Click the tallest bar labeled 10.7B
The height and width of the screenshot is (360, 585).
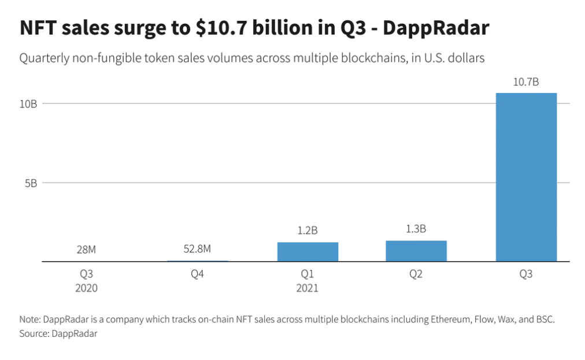click(x=526, y=177)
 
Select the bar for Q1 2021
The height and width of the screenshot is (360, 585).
click(x=308, y=251)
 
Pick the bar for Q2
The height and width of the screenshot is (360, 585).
click(x=416, y=251)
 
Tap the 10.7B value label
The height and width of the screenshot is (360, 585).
click(x=526, y=82)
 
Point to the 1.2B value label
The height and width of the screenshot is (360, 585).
click(x=308, y=231)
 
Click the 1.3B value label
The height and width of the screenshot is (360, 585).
click(x=416, y=229)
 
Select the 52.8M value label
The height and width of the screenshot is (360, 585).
click(x=198, y=249)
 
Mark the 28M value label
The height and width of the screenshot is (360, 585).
click(x=86, y=250)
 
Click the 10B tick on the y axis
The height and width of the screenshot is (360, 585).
click(x=28, y=104)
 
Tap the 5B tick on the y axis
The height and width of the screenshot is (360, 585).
click(x=31, y=183)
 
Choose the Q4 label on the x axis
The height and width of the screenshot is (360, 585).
click(x=198, y=274)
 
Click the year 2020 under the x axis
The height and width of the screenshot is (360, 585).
click(x=86, y=288)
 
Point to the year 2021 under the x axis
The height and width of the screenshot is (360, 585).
click(x=307, y=288)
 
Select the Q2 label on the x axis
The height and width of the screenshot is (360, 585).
click(x=416, y=274)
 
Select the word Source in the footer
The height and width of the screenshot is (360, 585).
click(x=34, y=334)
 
